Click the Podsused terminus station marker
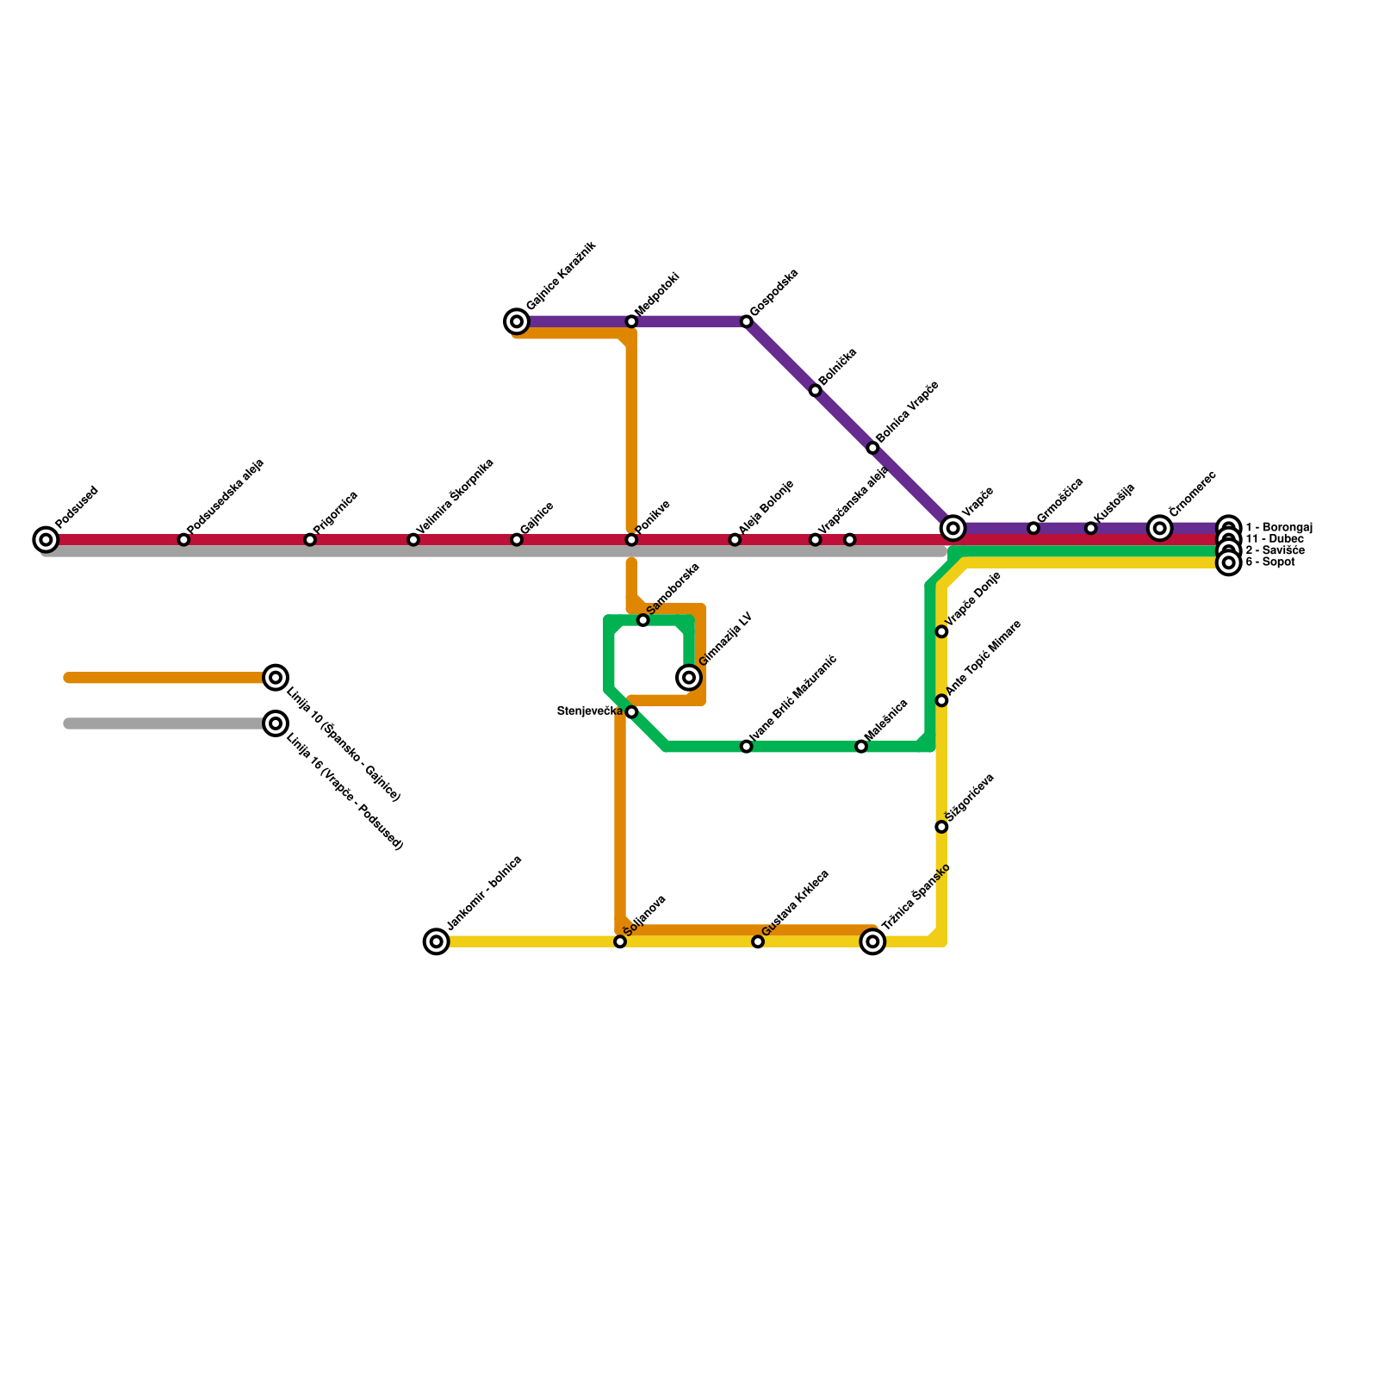tap(46, 540)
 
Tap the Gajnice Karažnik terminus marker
tap(517, 322)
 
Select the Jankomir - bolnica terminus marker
tap(437, 941)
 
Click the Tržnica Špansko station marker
tap(872, 941)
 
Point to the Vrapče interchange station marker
tap(953, 528)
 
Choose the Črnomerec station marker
tap(1160, 528)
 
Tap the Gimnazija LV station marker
tap(689, 678)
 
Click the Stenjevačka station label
tap(589, 711)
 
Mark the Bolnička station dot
tap(816, 391)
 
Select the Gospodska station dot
tap(747, 322)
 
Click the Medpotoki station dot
tap(631, 322)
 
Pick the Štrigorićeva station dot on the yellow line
tap(941, 827)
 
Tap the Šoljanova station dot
tap(620, 941)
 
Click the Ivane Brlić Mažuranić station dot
tap(747, 747)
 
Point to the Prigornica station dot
tap(310, 540)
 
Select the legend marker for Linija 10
tap(276, 678)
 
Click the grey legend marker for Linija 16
tap(276, 723)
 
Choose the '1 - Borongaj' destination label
tap(1278, 527)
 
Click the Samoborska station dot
tap(642, 620)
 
